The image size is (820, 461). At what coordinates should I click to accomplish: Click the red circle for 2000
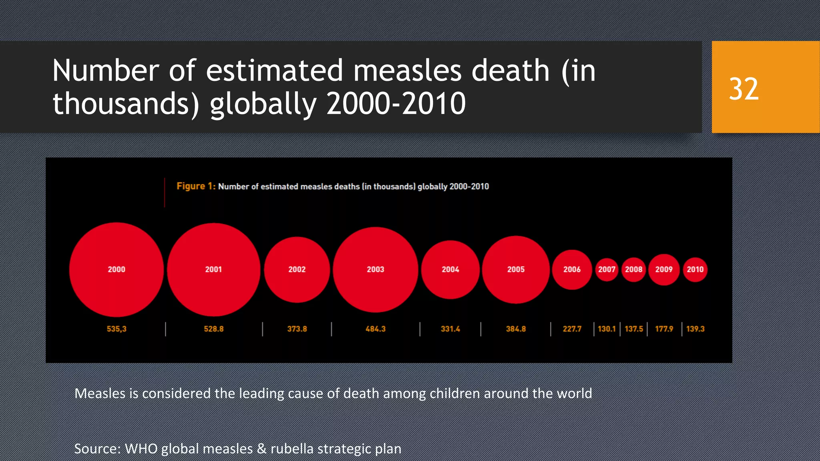click(116, 269)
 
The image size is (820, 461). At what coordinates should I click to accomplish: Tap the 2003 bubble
click(375, 269)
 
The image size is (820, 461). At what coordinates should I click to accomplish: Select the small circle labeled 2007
click(607, 269)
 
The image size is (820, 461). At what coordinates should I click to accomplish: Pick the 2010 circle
click(695, 269)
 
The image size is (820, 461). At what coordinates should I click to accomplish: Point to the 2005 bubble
click(516, 269)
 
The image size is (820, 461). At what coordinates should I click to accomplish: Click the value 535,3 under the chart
click(117, 329)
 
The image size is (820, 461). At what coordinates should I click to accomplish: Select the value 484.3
click(375, 329)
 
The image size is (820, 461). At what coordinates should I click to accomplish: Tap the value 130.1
click(607, 329)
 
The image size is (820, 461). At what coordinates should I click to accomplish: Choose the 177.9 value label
click(664, 329)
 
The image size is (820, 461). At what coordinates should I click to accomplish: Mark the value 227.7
click(572, 329)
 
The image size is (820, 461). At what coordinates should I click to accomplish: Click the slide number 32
click(744, 89)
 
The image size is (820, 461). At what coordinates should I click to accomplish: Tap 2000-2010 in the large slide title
click(396, 104)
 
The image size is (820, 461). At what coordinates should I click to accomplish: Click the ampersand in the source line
click(262, 449)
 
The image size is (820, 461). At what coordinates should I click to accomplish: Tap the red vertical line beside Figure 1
click(165, 192)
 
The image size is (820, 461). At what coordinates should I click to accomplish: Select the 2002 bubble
click(297, 269)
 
